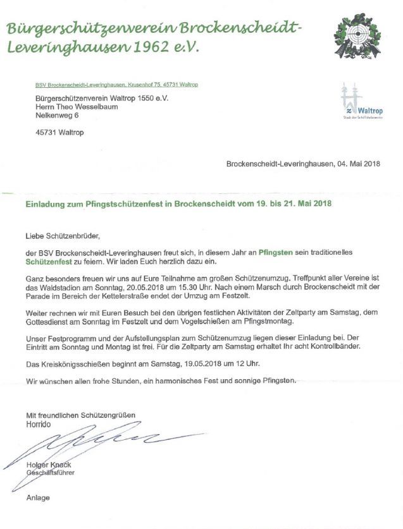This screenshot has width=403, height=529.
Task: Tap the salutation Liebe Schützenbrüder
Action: coord(63,236)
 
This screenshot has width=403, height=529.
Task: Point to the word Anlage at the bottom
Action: coord(38,497)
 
